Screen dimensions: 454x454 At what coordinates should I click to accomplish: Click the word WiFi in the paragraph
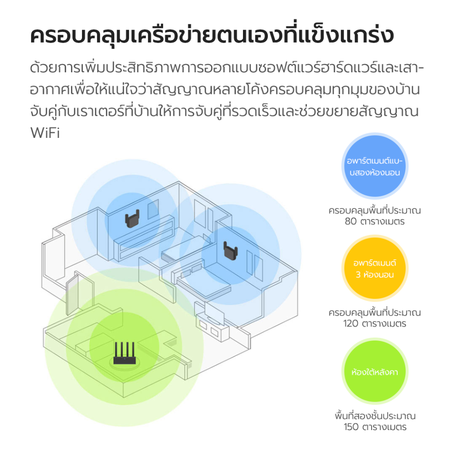point(45,133)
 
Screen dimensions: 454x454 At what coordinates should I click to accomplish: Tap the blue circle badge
point(375,166)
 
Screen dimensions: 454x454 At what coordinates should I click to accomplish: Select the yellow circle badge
point(375,268)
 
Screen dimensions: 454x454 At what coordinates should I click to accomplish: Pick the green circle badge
point(375,371)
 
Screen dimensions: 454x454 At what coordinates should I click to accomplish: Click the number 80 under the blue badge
point(351,222)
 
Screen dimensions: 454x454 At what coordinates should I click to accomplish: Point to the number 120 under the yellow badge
point(351,323)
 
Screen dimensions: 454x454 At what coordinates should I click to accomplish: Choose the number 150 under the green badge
point(351,427)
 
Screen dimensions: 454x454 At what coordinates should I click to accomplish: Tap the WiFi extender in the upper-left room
point(132,219)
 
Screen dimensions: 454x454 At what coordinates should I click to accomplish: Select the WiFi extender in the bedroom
point(231,251)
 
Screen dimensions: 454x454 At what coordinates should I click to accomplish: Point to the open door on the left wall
point(72,294)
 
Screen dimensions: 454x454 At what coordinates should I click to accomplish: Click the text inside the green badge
point(375,372)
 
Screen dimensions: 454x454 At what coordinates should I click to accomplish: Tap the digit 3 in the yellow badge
point(358,274)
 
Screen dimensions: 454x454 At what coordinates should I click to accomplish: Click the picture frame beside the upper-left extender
point(153,209)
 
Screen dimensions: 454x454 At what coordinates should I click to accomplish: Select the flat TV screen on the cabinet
point(214,313)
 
